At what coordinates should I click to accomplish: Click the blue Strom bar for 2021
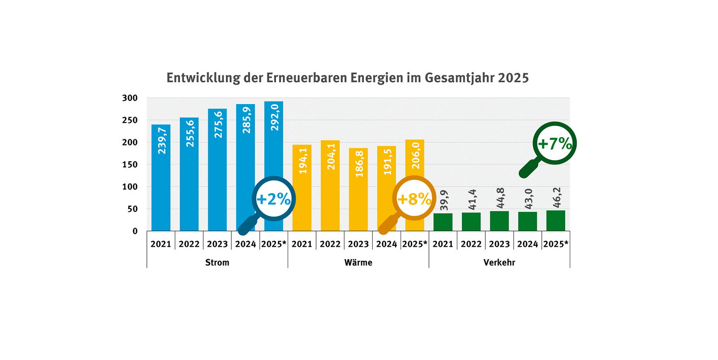point(161,186)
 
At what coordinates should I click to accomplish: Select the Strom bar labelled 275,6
point(217,177)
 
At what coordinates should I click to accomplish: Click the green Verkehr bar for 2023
point(499,221)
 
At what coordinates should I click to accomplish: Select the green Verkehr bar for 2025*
point(555,221)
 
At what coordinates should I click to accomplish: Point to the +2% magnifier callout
point(274,199)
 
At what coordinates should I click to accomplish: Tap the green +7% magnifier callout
point(555,144)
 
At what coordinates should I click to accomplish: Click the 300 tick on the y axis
point(130,98)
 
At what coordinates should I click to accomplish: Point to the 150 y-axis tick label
point(130,164)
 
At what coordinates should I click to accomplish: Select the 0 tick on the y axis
point(135,231)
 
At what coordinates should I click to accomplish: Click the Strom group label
point(217,262)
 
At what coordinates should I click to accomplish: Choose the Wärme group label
point(358,262)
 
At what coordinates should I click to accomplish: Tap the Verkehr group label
point(499,262)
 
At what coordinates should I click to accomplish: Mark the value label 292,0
point(274,117)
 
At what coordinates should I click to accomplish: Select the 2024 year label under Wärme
point(386,244)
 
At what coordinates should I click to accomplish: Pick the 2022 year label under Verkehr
point(471,244)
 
